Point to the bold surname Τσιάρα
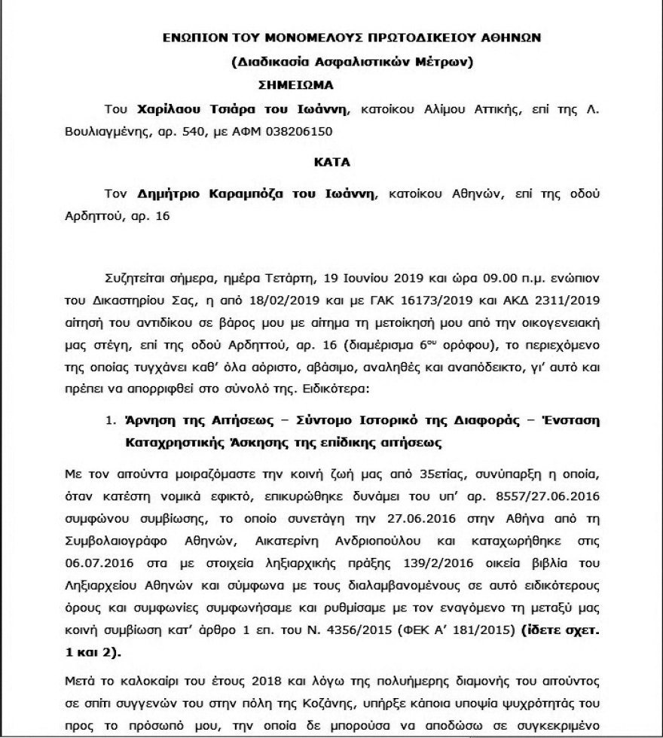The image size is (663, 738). click(x=231, y=109)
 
